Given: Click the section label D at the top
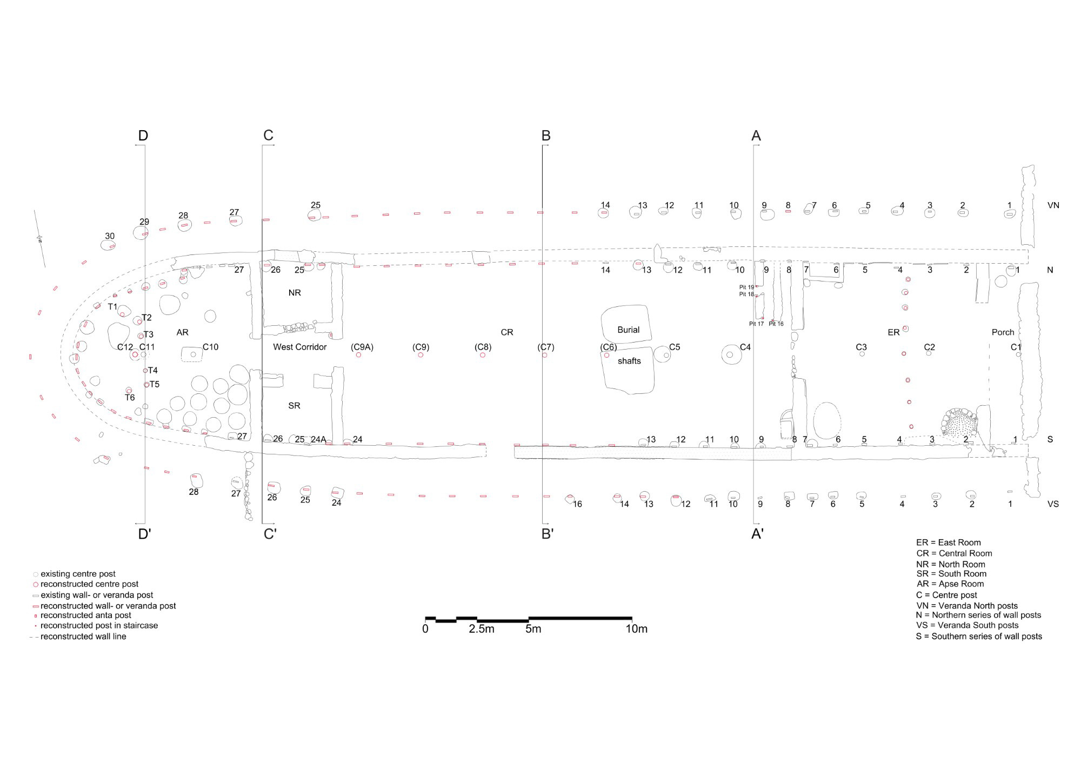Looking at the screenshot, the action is [143, 136].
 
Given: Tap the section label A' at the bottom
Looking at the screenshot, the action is [758, 534].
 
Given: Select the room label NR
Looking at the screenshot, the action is [295, 293].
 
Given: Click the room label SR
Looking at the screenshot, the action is [294, 406].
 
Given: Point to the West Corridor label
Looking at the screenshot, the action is [300, 347].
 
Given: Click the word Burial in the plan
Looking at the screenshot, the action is [628, 330].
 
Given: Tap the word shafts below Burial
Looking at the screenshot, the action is [629, 361].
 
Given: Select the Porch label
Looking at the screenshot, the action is [1003, 332].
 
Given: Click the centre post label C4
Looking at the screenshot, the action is [745, 347].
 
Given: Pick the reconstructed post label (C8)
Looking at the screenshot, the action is [483, 347].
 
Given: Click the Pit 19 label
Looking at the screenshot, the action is [746, 287].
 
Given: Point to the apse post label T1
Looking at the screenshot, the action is [112, 307].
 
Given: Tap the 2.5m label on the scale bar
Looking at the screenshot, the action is [481, 629].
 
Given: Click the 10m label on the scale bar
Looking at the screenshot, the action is [637, 629].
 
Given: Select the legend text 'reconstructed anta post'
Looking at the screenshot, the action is [86, 615].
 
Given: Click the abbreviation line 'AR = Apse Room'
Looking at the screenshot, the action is [950, 584].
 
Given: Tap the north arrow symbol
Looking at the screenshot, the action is [39, 238].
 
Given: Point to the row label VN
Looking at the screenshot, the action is [1053, 205].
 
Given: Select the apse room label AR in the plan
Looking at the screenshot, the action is [182, 332].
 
